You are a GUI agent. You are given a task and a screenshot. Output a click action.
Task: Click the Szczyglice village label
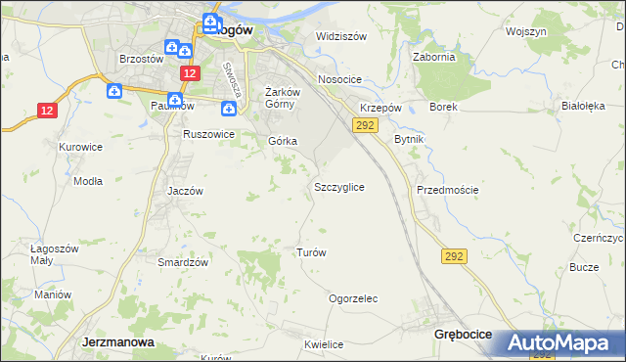[x=339, y=186]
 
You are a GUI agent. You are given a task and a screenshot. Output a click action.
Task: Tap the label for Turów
[x=310, y=251]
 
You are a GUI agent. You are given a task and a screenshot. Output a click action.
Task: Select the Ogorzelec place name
[x=353, y=298]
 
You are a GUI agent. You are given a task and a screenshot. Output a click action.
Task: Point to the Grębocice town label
[x=463, y=335]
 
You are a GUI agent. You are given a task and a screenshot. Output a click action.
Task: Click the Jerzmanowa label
[x=114, y=342]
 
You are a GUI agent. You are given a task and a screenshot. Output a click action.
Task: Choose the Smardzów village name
[x=184, y=262]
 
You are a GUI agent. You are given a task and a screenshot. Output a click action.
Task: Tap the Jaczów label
[x=185, y=191]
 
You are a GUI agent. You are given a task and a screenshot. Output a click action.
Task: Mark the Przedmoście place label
[x=447, y=190]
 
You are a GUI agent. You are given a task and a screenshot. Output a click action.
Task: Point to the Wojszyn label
[x=525, y=31]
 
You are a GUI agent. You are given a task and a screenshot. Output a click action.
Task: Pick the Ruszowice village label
[x=208, y=134]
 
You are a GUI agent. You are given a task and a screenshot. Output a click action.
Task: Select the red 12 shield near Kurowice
[x=48, y=111]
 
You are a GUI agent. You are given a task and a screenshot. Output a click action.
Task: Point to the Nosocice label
[x=339, y=79]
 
